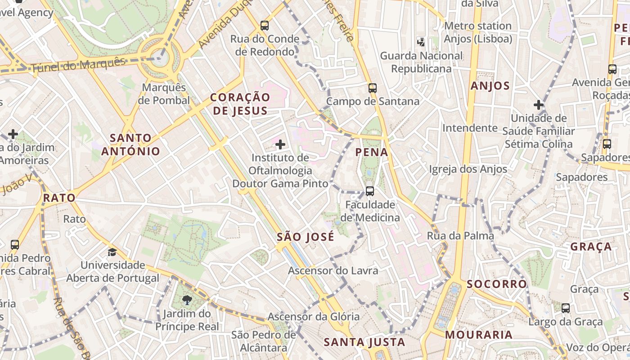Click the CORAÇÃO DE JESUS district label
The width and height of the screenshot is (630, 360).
tap(240, 104)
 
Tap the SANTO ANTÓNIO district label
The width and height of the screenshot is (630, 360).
tap(130, 144)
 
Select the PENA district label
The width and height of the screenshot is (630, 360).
tap(372, 152)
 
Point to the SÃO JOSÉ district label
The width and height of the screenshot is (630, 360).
tap(306, 237)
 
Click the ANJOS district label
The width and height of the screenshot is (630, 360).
tap(490, 85)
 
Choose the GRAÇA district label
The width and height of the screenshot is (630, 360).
tap(591, 247)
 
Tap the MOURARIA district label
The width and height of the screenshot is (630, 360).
tap(479, 334)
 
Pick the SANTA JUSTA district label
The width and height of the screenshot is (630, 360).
tap(364, 342)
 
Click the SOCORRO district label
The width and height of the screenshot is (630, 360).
tap(496, 284)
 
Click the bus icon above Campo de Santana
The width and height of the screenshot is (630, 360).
tap(372, 88)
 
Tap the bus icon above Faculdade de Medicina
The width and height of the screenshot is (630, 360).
tap(369, 191)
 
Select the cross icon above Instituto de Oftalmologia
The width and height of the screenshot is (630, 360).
tap(280, 144)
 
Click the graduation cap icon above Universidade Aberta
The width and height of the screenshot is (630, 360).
tap(112, 252)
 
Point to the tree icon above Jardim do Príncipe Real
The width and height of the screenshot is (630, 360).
tap(187, 300)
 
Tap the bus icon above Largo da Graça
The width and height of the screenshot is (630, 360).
tap(566, 308)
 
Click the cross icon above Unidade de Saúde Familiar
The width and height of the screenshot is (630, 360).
tap(539, 105)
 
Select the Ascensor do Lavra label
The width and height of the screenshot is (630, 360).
tap(333, 270)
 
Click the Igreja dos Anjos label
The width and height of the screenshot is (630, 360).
tap(468, 169)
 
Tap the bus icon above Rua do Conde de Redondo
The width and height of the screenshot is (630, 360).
tap(265, 26)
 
